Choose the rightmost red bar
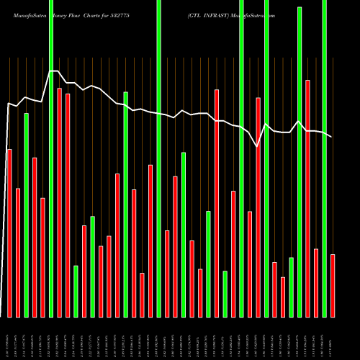click(333, 285)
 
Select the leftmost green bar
click(27, 215)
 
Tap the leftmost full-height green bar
click(51, 158)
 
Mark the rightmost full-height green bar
click(324, 158)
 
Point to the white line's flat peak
click(54, 71)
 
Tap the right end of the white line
click(332, 136)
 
